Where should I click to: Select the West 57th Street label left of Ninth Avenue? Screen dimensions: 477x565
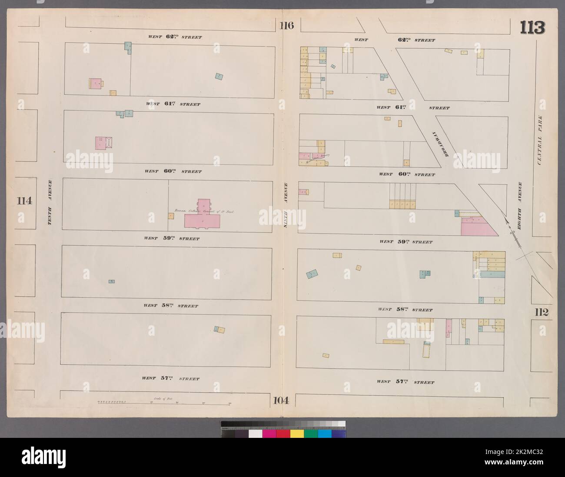(170, 378)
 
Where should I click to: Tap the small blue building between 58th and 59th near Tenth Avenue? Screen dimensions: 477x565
(112, 281)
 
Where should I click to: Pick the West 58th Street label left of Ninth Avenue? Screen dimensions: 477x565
(170, 306)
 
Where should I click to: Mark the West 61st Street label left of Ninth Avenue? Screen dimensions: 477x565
(173, 104)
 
